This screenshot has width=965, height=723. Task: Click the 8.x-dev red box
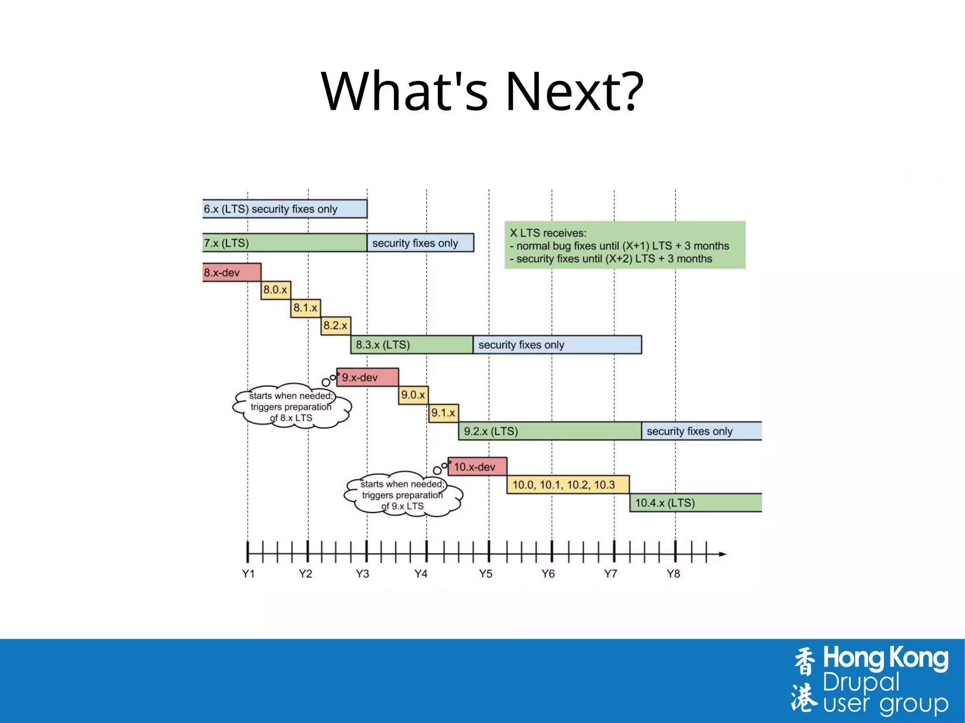click(x=231, y=273)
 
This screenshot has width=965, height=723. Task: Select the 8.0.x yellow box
click(x=276, y=290)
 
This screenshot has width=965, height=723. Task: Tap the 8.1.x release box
click(x=305, y=308)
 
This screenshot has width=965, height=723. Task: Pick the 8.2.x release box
click(x=335, y=325)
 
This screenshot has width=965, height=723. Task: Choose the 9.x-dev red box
click(x=368, y=377)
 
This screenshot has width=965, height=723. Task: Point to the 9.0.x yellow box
click(x=413, y=395)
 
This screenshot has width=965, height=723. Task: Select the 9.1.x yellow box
click(x=443, y=413)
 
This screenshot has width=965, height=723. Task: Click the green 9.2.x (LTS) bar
click(x=549, y=431)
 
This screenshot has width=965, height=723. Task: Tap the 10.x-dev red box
click(x=477, y=467)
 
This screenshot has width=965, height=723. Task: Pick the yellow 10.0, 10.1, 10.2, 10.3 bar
click(x=568, y=485)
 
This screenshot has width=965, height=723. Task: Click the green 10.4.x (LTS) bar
click(x=695, y=503)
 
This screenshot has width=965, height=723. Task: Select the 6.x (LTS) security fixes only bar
click(x=285, y=209)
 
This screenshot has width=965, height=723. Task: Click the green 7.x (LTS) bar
click(x=285, y=243)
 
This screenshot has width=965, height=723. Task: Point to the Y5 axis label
click(x=485, y=574)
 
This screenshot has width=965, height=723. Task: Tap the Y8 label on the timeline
click(x=673, y=574)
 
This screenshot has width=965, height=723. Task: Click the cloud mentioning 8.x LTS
click(x=292, y=406)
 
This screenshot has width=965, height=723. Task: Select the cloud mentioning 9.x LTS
click(x=403, y=495)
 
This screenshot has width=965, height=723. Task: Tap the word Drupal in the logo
click(x=861, y=682)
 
